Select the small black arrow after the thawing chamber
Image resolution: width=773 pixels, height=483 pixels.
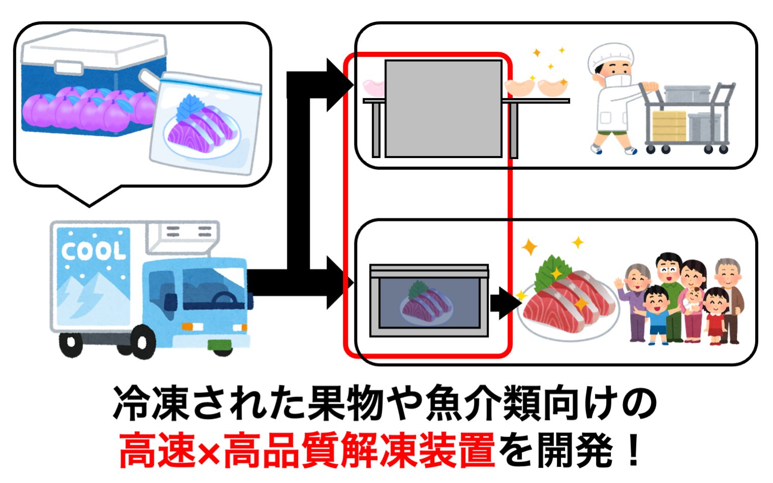pyautogui.click(x=503, y=303)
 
